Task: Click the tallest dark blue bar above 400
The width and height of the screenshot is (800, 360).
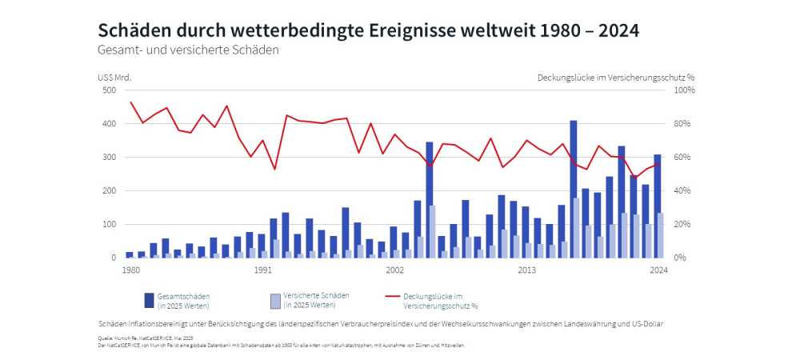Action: pos(574,189)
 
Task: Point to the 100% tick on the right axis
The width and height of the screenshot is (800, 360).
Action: pos(685,90)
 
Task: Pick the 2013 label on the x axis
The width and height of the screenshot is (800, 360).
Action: pos(526,270)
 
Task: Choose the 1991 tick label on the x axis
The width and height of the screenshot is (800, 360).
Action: pos(262,270)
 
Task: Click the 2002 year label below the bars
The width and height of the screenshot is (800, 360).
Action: pos(394,270)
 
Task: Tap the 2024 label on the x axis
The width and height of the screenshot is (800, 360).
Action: pos(658,270)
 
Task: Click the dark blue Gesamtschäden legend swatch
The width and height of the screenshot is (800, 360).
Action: pos(149,300)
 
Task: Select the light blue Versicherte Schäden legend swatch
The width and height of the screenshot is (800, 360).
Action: pos(275,300)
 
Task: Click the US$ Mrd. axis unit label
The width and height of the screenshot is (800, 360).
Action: pos(114,78)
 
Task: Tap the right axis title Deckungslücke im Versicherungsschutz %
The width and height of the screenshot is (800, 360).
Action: pos(615,78)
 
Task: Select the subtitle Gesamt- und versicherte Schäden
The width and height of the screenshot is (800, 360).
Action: pos(188,50)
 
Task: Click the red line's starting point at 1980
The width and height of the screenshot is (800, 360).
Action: pos(130,102)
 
